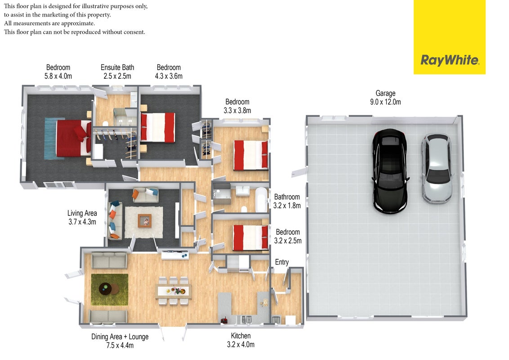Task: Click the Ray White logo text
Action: coord(450,60)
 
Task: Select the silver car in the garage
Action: coord(437,169)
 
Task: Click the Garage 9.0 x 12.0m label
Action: coord(385,98)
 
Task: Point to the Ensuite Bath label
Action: coord(117,67)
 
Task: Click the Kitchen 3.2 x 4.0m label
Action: coord(241,340)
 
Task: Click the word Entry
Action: coord(282,262)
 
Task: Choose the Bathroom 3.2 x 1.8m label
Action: coord(287,201)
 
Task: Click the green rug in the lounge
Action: coord(110,289)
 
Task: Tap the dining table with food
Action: coord(174,291)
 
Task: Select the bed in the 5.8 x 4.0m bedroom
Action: coord(73,138)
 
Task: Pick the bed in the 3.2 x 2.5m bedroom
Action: coord(250,238)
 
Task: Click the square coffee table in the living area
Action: coord(144,220)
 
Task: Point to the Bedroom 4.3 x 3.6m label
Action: coord(169,72)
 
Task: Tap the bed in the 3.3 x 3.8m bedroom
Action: coord(250,155)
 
